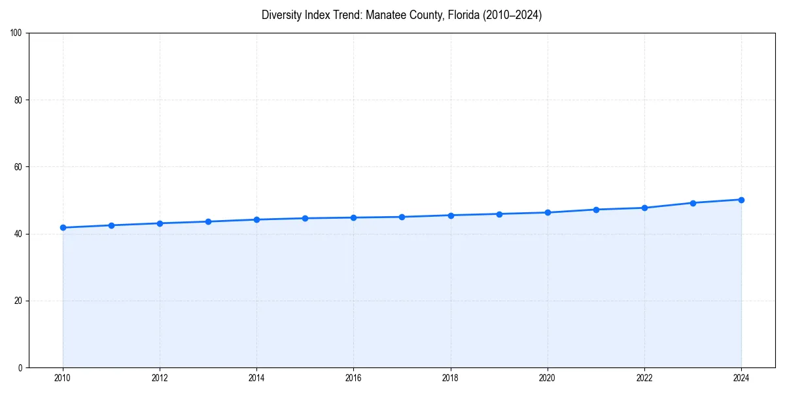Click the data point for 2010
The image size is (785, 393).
63,227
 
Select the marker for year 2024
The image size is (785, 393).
741,200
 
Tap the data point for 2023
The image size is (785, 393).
693,203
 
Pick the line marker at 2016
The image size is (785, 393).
353,217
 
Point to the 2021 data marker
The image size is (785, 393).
596,210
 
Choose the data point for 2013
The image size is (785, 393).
208,221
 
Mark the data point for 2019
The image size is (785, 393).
499,214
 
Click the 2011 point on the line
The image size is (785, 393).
111,225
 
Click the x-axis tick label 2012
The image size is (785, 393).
160,377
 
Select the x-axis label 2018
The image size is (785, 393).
450,377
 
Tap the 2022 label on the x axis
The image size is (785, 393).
644,377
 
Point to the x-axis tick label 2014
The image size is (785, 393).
256,377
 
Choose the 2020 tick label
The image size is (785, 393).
548,377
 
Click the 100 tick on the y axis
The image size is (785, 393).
16,33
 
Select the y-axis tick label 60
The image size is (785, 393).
18,167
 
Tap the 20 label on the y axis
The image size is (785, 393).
18,301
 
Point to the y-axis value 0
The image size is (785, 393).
20,367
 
